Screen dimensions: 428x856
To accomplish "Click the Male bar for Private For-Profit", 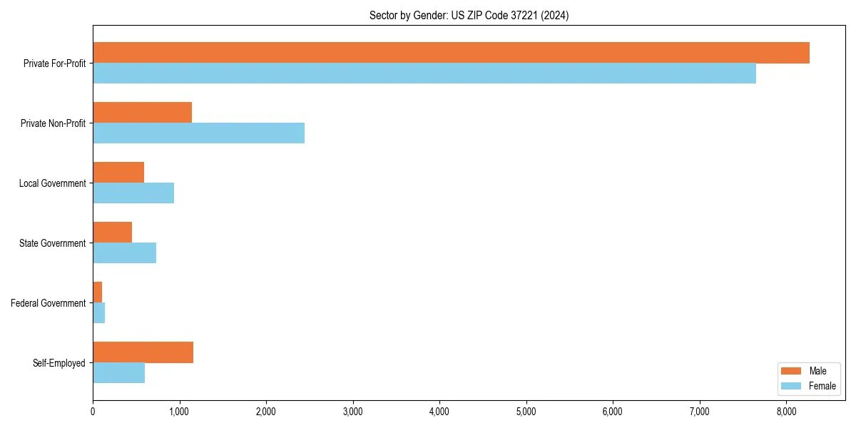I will click(451, 53).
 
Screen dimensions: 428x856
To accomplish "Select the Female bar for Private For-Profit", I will click(424, 73).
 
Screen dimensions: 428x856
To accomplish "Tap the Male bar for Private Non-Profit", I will click(143, 113).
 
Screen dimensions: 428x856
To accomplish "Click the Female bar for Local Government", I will click(133, 193).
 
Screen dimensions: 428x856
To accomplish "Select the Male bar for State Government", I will click(113, 233).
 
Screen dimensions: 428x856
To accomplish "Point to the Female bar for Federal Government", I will click(99, 313).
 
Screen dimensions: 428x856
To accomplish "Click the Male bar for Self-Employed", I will click(143, 352).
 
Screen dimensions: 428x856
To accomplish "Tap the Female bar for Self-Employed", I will click(119, 373).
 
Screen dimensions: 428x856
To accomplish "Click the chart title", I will click(469, 15).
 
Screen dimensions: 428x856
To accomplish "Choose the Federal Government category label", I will click(49, 303).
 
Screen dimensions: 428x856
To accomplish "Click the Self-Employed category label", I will click(59, 363).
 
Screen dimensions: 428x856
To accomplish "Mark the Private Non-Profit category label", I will click(53, 123).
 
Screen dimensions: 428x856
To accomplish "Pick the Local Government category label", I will click(53, 183).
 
